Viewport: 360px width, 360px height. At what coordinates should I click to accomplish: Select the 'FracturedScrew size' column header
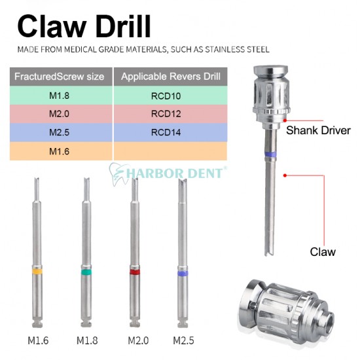coord(59,77)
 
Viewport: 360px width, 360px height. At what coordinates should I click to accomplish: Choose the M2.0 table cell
coord(59,113)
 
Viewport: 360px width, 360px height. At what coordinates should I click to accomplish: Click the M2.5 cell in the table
coord(59,132)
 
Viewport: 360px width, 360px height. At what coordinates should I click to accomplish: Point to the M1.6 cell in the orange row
coord(59,151)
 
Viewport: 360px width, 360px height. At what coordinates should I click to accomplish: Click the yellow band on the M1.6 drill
coord(38,270)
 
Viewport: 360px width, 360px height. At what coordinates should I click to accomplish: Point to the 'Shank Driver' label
coord(319,130)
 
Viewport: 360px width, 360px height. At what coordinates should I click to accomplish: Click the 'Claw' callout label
coord(323,251)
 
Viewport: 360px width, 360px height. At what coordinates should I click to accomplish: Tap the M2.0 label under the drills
coord(136,340)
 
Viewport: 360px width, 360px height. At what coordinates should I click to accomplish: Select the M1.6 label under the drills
coord(38,340)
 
